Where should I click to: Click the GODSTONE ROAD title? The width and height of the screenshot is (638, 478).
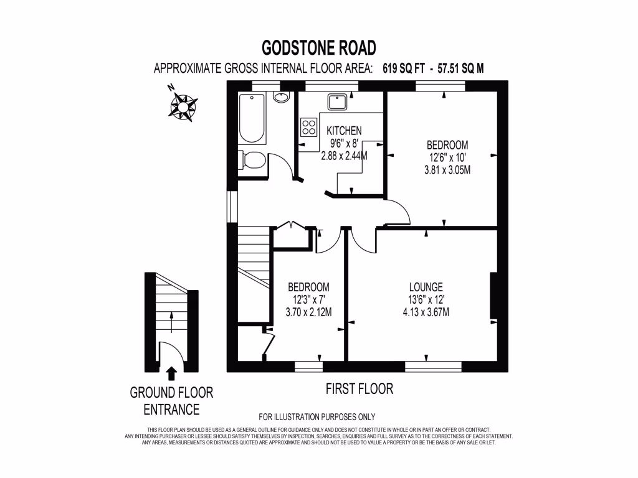tap(318, 47)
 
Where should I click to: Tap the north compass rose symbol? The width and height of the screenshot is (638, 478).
tap(183, 105)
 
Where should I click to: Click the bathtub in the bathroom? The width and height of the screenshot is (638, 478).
tap(252, 118)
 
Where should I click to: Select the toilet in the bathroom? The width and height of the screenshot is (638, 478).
tap(254, 161)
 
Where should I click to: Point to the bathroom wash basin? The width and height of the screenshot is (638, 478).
tap(280, 98)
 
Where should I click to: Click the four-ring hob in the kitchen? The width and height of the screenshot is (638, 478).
tap(308, 127)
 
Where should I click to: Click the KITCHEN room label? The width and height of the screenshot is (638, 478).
tap(344, 131)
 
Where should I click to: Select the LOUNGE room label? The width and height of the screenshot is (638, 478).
tap(426, 287)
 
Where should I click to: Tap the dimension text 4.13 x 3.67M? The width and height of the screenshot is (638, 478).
tap(426, 312)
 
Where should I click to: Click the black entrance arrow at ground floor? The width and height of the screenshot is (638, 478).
tap(171, 372)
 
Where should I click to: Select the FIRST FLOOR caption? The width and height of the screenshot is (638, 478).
tap(359, 389)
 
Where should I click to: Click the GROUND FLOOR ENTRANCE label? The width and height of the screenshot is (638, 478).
tap(171, 401)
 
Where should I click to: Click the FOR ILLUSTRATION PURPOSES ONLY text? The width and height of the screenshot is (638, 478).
tap(317, 417)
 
